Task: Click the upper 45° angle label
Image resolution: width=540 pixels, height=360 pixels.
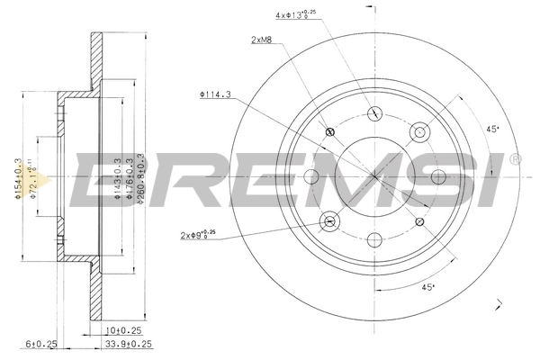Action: click(492, 129)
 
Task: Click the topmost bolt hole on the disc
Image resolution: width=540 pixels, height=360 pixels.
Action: click(373, 113)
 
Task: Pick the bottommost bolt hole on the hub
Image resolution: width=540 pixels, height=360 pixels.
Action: click(373, 240)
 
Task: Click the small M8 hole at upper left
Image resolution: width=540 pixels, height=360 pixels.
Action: click(328, 132)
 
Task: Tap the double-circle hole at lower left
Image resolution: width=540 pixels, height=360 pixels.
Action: click(329, 220)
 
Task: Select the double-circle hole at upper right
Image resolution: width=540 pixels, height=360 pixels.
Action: click(418, 132)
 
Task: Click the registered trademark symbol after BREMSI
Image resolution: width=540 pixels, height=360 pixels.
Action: click(514, 159)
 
